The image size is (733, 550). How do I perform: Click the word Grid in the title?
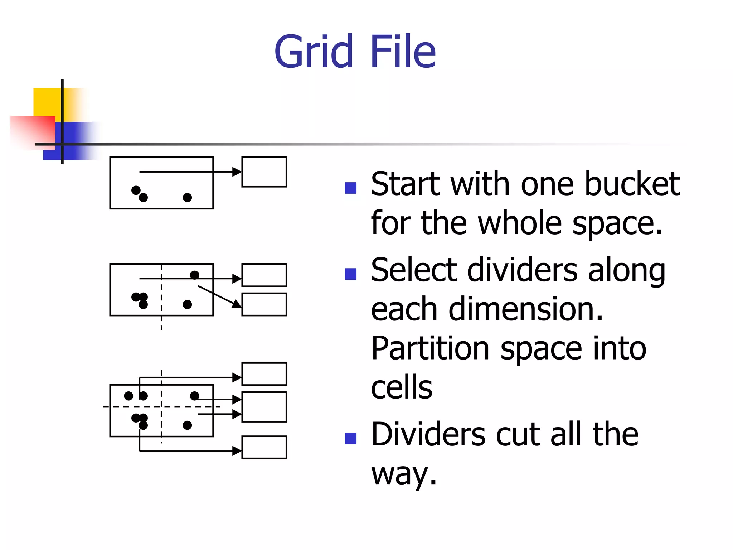(314, 52)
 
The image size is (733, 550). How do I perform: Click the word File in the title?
(403, 52)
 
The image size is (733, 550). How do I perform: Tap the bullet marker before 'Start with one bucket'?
(351, 188)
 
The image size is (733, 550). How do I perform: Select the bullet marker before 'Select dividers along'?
(351, 274)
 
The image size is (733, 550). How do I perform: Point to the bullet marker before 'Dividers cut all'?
(351, 438)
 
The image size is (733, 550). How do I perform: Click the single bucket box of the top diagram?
(264, 172)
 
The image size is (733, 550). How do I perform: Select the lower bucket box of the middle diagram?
(264, 304)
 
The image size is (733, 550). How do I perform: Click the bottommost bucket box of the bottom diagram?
(264, 447)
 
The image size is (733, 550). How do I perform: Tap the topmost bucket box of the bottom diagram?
(264, 374)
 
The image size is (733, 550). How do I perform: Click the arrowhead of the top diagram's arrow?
(237, 172)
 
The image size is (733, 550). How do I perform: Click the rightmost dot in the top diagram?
(187, 197)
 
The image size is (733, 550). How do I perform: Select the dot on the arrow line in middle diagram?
(194, 275)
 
